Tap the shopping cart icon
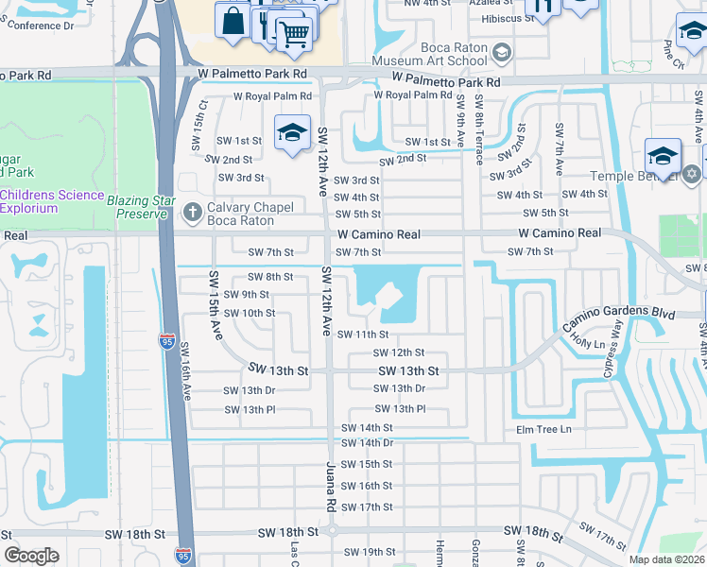[295, 34]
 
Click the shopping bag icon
[232, 19]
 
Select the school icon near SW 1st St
[292, 132]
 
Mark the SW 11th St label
[363, 335]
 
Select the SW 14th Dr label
[367, 443]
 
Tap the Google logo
[31, 556]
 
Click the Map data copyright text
[666, 559]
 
